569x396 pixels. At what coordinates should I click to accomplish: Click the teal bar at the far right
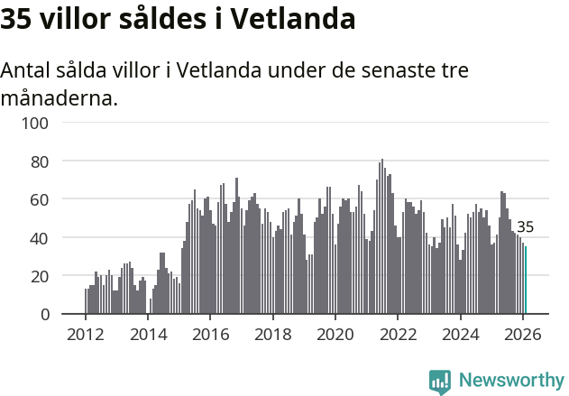click(x=526, y=281)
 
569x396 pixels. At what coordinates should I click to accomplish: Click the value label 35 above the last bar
click(x=525, y=227)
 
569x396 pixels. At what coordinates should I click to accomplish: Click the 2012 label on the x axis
click(x=86, y=334)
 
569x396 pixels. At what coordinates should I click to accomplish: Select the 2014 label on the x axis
click(x=148, y=334)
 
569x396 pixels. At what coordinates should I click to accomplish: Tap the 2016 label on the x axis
click(x=210, y=334)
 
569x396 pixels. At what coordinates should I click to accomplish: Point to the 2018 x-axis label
click(x=273, y=334)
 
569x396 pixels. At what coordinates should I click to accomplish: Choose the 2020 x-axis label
click(x=335, y=334)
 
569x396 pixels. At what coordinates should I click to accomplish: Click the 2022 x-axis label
click(x=398, y=334)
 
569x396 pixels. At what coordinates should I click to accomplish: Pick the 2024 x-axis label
click(x=460, y=334)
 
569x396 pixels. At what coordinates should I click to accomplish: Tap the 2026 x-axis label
click(x=523, y=334)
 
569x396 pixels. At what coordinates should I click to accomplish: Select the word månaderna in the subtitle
click(x=60, y=97)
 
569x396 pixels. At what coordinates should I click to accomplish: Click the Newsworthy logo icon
click(x=440, y=381)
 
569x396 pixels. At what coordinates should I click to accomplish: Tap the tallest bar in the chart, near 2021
click(x=382, y=236)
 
